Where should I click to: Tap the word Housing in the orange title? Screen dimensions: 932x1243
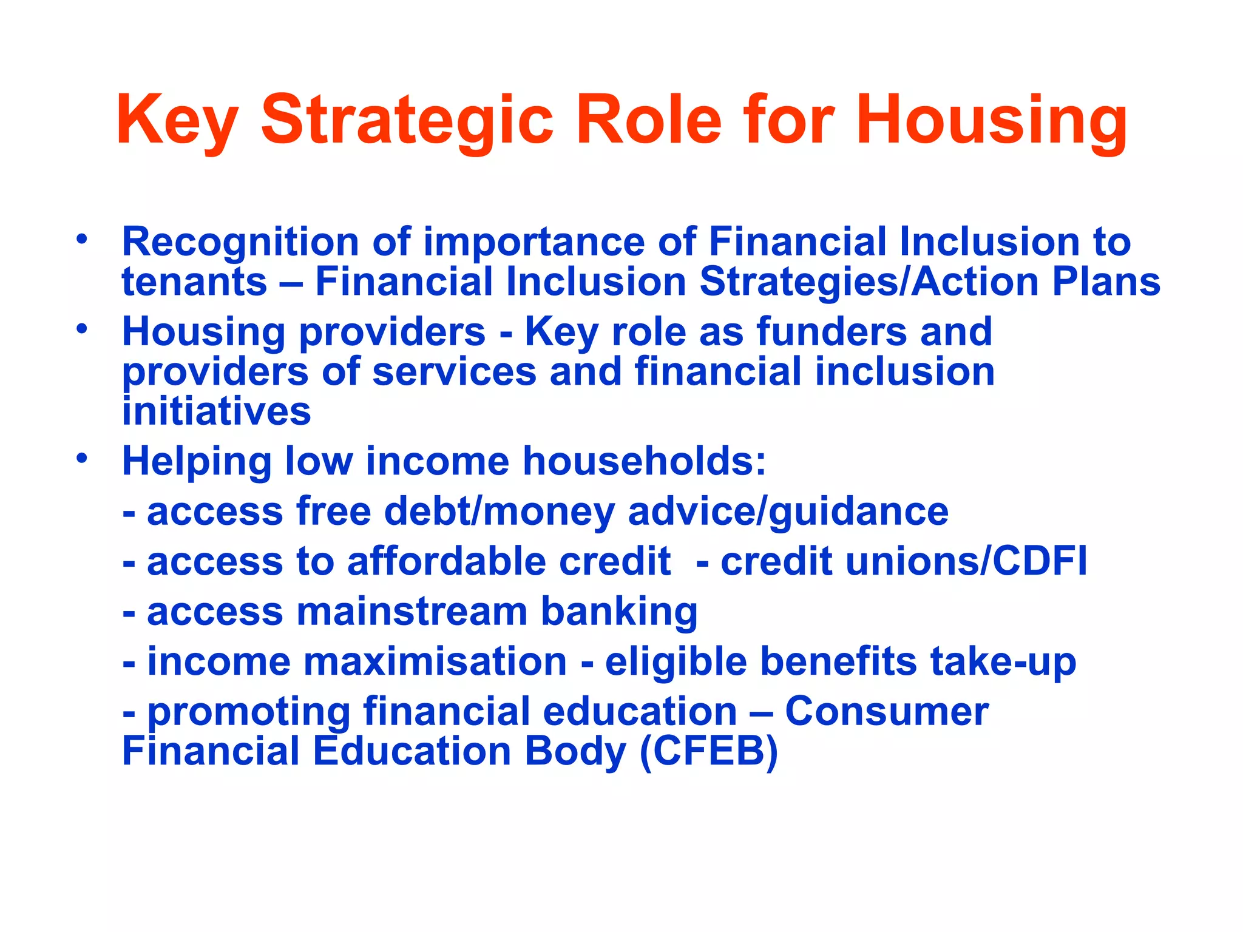click(991, 120)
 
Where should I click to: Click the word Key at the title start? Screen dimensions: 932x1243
click(177, 120)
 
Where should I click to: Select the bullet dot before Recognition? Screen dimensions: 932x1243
click(82, 238)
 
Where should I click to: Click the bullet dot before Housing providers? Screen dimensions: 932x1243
click(82, 329)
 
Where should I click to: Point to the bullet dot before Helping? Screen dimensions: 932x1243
click(82, 458)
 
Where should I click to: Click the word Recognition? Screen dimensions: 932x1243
click(240, 242)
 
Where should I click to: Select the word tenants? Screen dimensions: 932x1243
click(194, 282)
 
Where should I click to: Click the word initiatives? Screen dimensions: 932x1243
click(216, 411)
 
